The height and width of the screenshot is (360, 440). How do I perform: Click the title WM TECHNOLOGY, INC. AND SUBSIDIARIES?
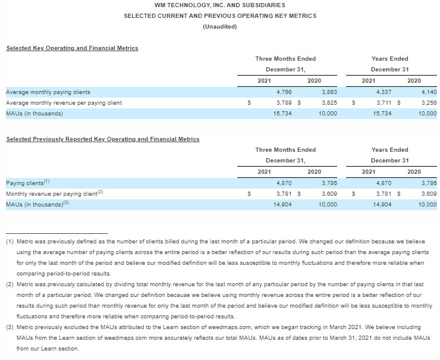point(219,5)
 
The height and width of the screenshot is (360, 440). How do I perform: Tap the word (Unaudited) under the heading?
point(219,27)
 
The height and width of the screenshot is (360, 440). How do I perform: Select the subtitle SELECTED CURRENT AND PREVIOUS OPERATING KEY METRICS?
point(219,15)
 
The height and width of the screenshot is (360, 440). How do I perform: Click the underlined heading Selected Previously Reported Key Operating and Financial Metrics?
point(102,139)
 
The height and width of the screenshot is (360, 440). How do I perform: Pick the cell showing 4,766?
point(284,92)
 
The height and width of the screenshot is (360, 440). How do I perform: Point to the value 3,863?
point(329,92)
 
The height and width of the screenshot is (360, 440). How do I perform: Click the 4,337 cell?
point(384,92)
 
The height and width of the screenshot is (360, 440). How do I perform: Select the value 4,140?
point(429,92)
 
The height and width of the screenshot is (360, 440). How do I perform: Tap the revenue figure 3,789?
point(284,103)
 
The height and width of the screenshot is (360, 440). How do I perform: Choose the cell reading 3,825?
point(329,103)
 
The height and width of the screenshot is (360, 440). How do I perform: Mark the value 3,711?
point(384,103)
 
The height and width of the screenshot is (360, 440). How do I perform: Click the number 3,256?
point(429,103)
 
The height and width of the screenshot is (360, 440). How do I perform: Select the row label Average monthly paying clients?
point(48,92)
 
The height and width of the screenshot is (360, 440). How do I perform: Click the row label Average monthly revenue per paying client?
point(64,103)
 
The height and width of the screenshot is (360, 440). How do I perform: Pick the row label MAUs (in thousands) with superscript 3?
point(37,205)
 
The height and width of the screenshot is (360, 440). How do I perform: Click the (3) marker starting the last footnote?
point(10,327)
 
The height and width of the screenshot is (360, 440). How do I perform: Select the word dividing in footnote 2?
point(134,285)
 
